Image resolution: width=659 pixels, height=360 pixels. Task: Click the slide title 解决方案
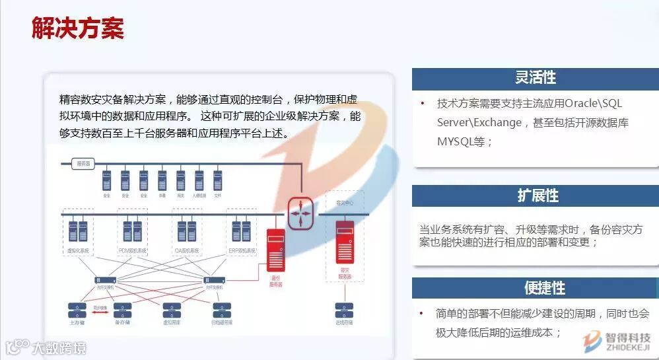tap(78, 28)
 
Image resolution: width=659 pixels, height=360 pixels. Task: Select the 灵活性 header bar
tap(536, 78)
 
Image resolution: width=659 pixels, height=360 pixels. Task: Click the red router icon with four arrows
tap(300, 213)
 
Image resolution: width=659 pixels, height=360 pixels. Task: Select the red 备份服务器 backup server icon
tap(275, 248)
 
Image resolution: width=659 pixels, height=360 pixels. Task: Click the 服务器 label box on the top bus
tap(84, 162)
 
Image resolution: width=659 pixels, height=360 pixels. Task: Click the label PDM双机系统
tap(132, 251)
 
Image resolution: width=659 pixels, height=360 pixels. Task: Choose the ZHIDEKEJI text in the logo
tap(627, 346)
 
